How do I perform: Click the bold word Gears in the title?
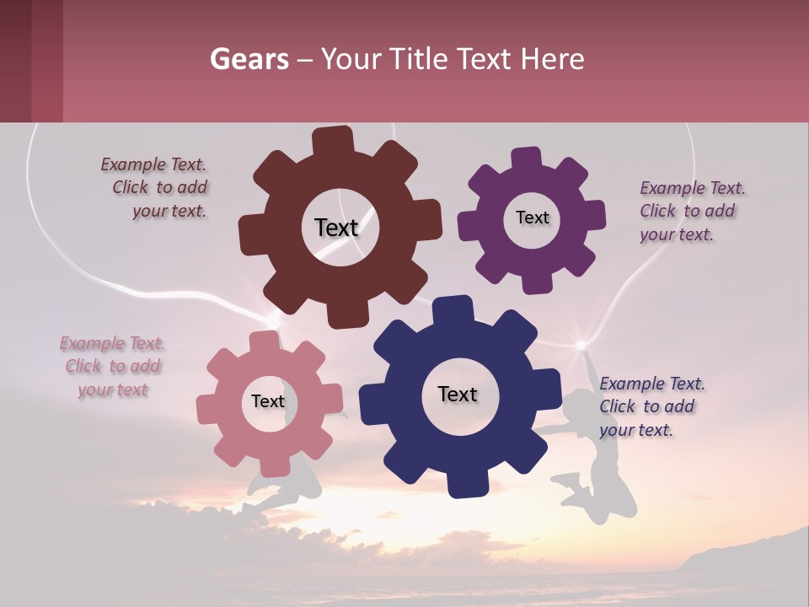249,59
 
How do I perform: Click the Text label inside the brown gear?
336,228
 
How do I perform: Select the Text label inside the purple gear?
532,218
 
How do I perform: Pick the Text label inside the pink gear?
268,401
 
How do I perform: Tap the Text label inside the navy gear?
458,394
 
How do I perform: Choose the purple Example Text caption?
691,212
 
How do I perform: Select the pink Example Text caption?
113,367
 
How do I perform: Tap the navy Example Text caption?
651,406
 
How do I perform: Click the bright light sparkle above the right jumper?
581,345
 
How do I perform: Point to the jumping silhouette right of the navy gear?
594,455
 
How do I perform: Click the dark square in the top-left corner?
31,61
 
